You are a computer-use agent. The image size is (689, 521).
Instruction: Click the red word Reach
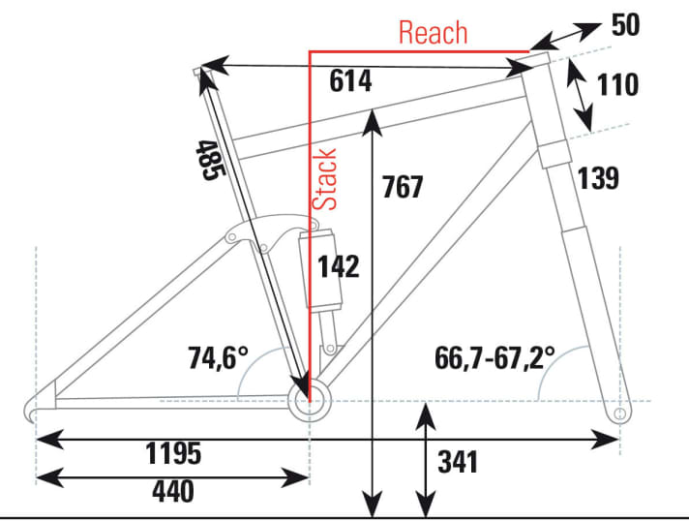(x=433, y=33)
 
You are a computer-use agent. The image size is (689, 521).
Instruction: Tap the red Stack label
(x=324, y=179)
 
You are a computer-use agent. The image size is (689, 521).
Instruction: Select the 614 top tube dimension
(x=350, y=81)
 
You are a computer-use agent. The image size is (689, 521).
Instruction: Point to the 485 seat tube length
(x=210, y=160)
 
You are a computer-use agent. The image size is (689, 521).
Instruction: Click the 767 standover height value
(x=402, y=186)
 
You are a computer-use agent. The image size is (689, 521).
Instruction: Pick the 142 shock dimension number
(x=339, y=266)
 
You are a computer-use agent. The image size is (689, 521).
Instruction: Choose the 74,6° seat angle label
(x=219, y=357)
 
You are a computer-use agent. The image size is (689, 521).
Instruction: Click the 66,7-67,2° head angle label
(x=494, y=358)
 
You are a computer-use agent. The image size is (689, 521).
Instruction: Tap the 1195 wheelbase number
(x=173, y=453)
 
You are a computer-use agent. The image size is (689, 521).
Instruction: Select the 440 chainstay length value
(x=173, y=491)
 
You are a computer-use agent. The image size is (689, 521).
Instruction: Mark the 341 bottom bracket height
(x=458, y=462)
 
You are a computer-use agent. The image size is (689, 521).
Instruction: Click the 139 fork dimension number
(x=598, y=178)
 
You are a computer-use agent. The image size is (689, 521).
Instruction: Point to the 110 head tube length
(x=617, y=84)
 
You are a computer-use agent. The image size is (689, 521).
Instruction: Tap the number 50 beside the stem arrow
(x=626, y=25)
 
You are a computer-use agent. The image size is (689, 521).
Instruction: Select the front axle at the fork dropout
(x=619, y=414)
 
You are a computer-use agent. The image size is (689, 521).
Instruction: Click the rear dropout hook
(x=31, y=410)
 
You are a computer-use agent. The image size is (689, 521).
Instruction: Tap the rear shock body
(x=319, y=269)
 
